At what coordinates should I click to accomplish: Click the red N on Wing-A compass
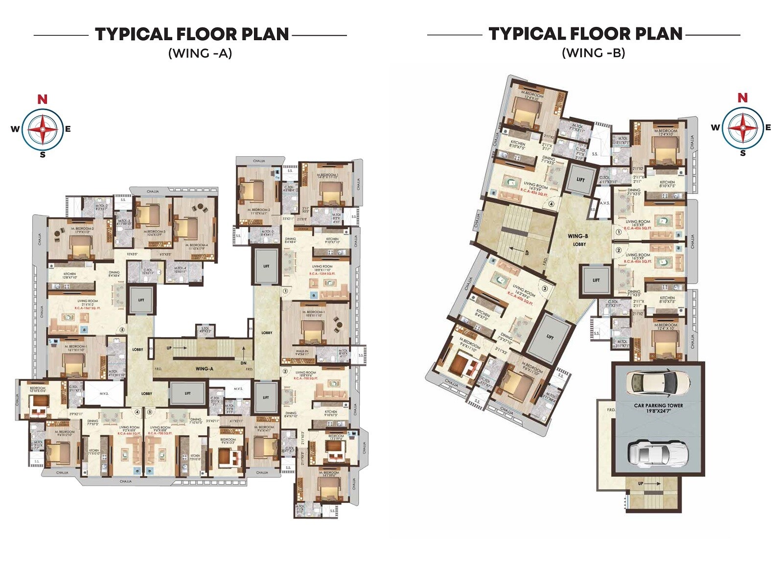43,99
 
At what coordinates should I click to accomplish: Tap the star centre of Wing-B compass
742,128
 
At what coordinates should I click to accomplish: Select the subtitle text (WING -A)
200,53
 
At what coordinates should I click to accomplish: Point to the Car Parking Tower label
658,408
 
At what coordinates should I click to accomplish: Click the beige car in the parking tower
658,381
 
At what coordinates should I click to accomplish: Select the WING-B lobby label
578,239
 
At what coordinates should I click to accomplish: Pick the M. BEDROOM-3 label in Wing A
154,233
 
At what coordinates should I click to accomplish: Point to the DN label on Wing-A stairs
243,363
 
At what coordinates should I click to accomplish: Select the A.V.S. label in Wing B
604,203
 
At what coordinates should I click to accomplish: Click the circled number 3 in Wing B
544,288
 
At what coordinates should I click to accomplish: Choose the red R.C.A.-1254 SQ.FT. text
322,274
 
